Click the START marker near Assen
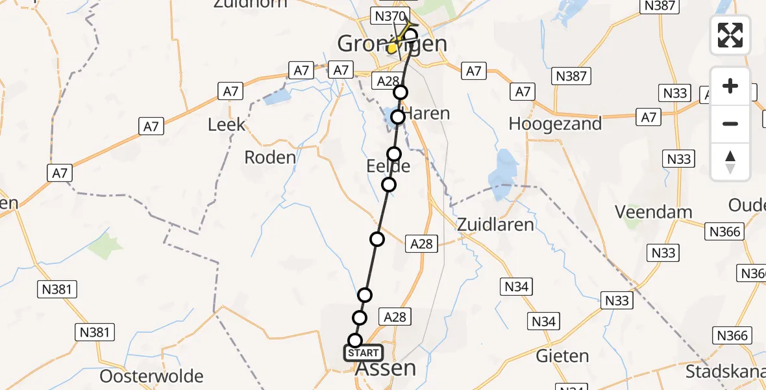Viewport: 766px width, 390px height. tap(364, 353)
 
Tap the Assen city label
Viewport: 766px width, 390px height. tap(386, 369)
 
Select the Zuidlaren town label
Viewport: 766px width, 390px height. tap(495, 225)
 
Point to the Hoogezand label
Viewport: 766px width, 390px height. tap(555, 123)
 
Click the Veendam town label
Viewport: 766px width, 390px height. tap(654, 212)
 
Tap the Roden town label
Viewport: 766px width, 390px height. tap(270, 157)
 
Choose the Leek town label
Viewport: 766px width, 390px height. tap(227, 125)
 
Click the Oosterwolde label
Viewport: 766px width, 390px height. tap(152, 376)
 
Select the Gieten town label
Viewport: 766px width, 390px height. tap(563, 356)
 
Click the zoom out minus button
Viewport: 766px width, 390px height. tap(730, 123)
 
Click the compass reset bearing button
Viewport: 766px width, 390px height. tap(730, 162)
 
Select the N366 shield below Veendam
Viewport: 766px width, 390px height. tap(726, 232)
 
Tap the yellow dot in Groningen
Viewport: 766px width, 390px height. tap(393, 48)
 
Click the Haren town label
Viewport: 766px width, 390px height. tap(426, 114)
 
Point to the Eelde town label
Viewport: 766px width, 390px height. tap(394, 166)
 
